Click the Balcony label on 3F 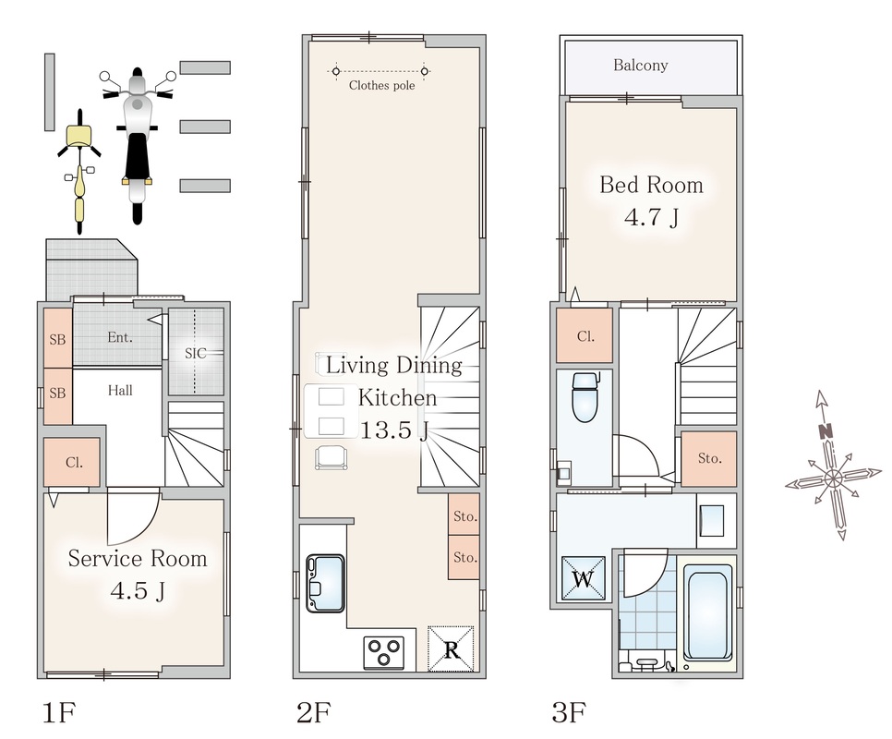click(640, 66)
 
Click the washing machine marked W click(583, 578)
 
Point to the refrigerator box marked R click(451, 648)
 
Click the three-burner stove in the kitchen click(383, 652)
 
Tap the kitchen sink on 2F click(325, 583)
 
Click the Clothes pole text click(381, 85)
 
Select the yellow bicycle click(79, 171)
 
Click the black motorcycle click(137, 145)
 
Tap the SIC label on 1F click(195, 353)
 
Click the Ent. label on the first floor click(120, 337)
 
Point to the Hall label click(120, 390)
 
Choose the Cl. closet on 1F click(72, 462)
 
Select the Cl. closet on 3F click(585, 335)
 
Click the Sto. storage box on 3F click(709, 458)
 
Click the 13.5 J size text click(393, 430)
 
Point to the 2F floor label click(313, 712)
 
